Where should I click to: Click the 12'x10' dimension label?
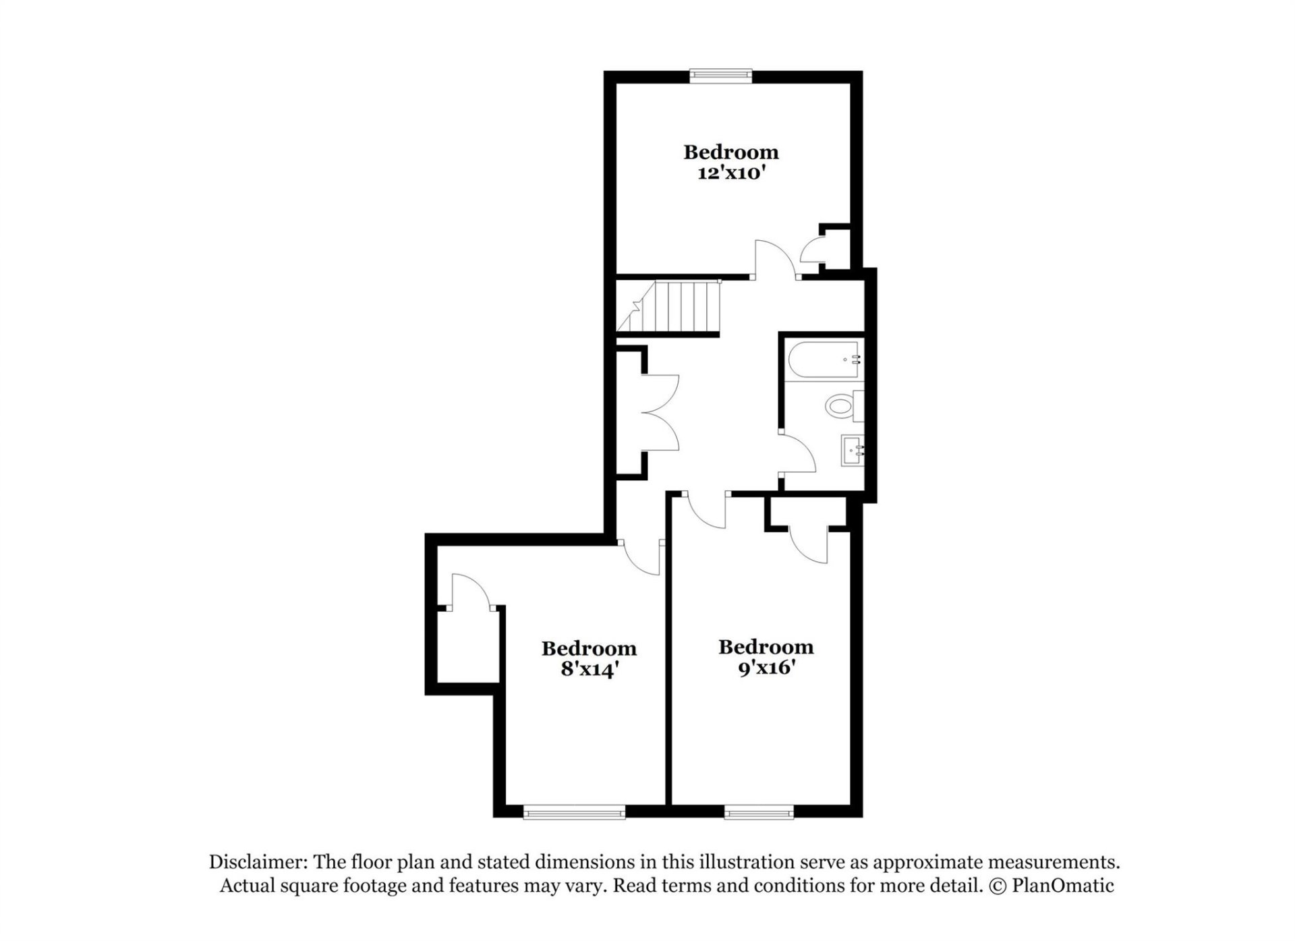click(731, 173)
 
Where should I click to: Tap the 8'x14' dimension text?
click(589, 670)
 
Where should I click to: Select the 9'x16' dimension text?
click(766, 668)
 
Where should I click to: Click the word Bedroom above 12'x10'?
click(731, 152)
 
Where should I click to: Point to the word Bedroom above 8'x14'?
click(589, 648)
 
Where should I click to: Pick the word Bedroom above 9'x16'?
click(766, 647)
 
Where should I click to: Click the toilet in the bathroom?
click(843, 406)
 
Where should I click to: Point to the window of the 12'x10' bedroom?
click(720, 75)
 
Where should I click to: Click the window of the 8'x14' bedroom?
click(574, 814)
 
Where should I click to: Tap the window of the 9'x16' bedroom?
click(759, 814)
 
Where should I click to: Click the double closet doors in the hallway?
click(661, 412)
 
